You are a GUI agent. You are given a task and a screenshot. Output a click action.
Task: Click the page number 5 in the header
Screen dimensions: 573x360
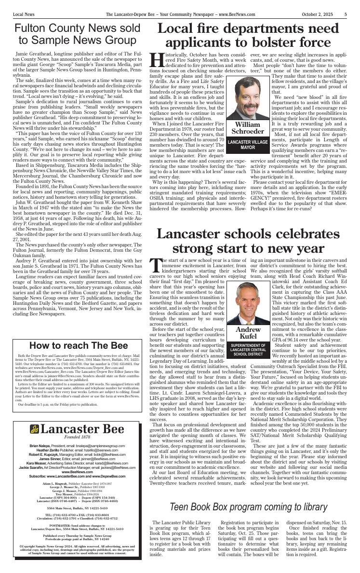tap(346, 14)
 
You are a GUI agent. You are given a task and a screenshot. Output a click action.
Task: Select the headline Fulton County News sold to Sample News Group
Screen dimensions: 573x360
tap(77, 34)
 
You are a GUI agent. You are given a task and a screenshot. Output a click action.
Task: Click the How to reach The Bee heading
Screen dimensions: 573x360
tap(79, 345)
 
